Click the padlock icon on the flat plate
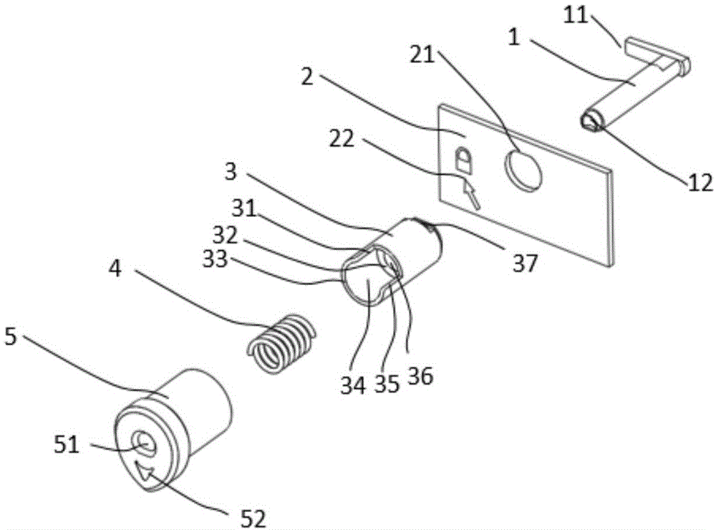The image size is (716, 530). pos(463,160)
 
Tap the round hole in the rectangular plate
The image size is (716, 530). pos(523,170)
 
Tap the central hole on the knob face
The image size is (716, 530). pos(145,443)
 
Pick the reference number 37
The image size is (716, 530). pos(525,264)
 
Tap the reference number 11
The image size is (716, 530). pos(576,16)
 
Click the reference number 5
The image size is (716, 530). pos(10,336)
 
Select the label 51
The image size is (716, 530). pos(67,444)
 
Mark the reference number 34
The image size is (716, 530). pos(353,386)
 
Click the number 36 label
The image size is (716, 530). pos(420,377)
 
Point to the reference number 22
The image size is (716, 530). pos(342,139)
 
